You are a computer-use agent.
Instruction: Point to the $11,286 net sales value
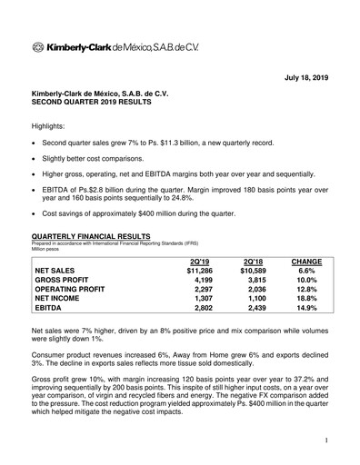pyautogui.click(x=199, y=270)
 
